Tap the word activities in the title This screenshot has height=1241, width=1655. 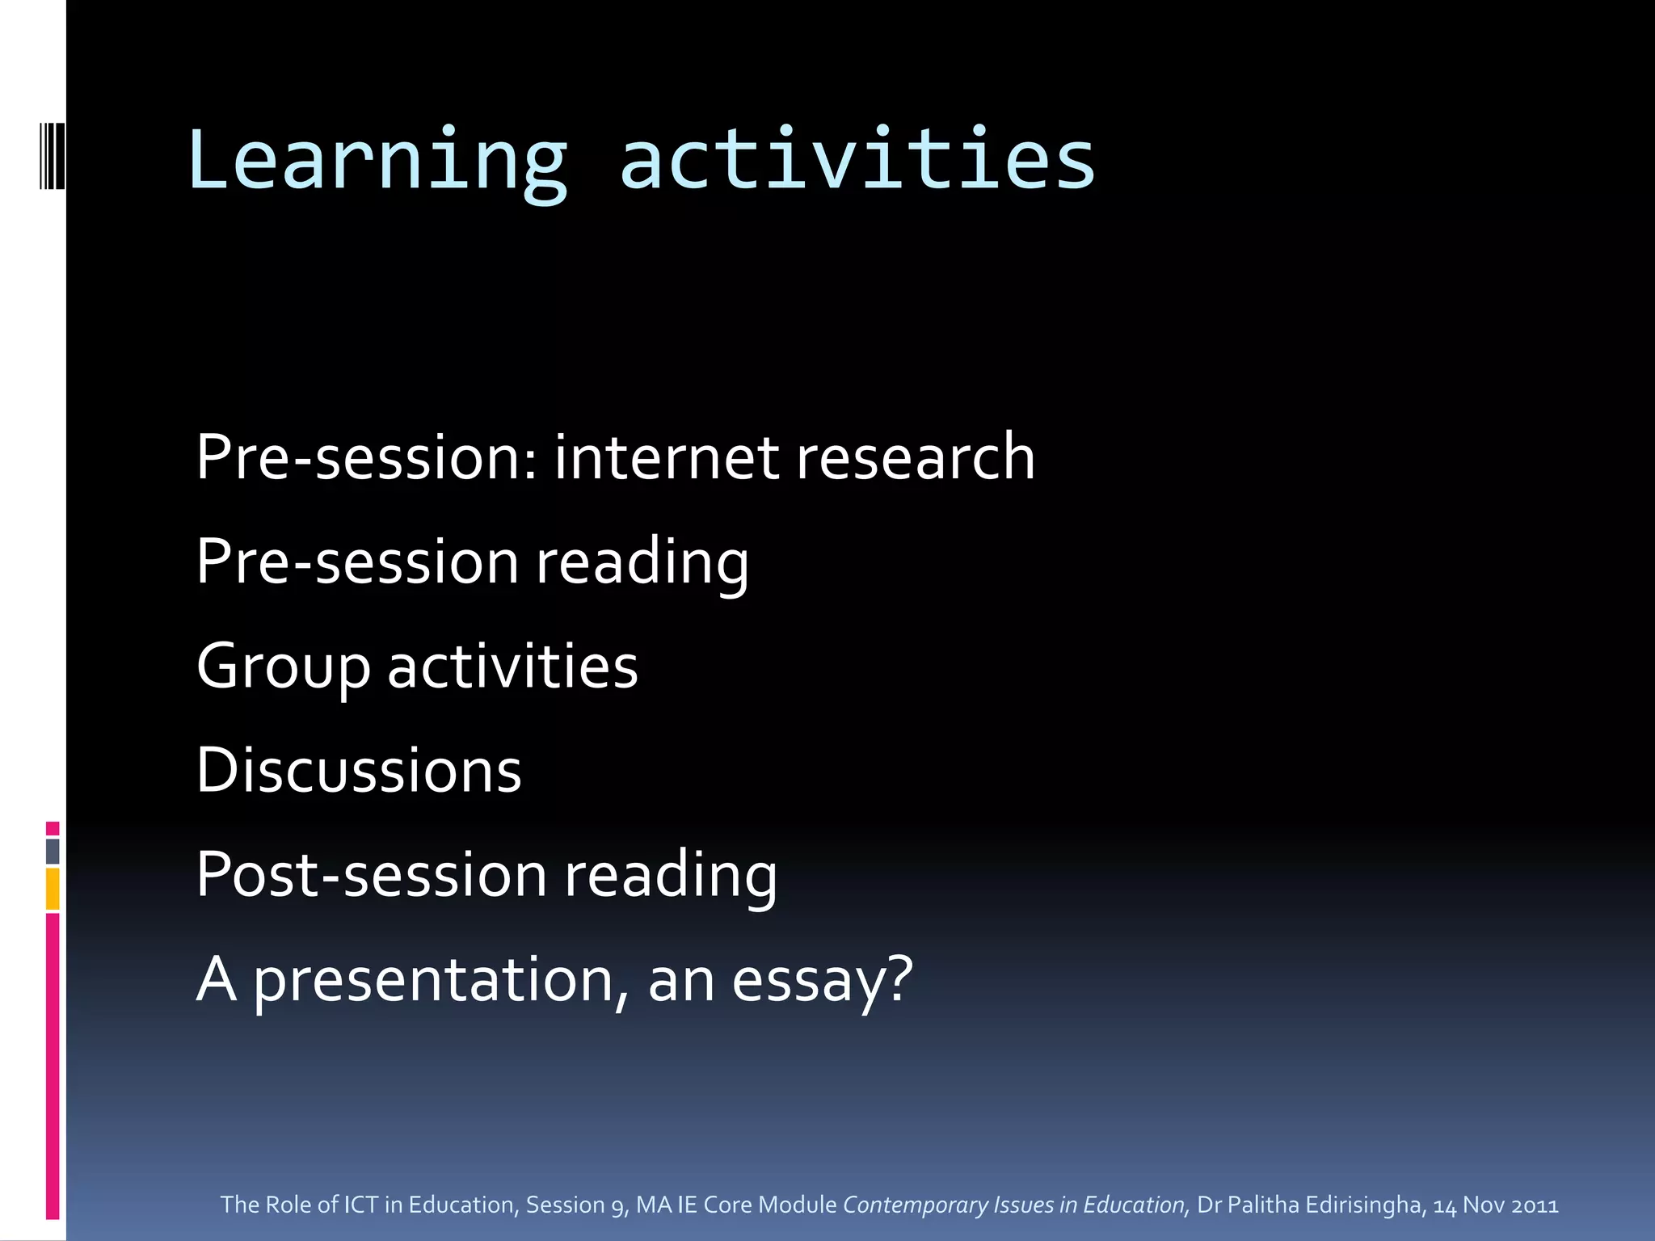pos(857,160)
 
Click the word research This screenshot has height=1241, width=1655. pos(915,457)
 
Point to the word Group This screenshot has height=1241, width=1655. pos(284,667)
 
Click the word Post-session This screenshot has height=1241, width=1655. pos(372,875)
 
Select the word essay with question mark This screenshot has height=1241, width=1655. pos(822,981)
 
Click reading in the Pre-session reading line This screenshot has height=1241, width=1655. pos(642,562)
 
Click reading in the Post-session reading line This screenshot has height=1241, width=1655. pos(671,875)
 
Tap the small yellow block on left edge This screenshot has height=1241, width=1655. pos(53,889)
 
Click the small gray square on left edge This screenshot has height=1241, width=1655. pos(53,851)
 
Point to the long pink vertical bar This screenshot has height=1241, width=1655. pos(53,1066)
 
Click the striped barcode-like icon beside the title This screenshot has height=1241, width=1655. pos(53,156)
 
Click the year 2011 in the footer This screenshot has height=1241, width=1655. pos(1535,1205)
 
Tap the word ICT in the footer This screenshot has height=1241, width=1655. pos(361,1205)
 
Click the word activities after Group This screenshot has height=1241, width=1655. pos(512,667)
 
